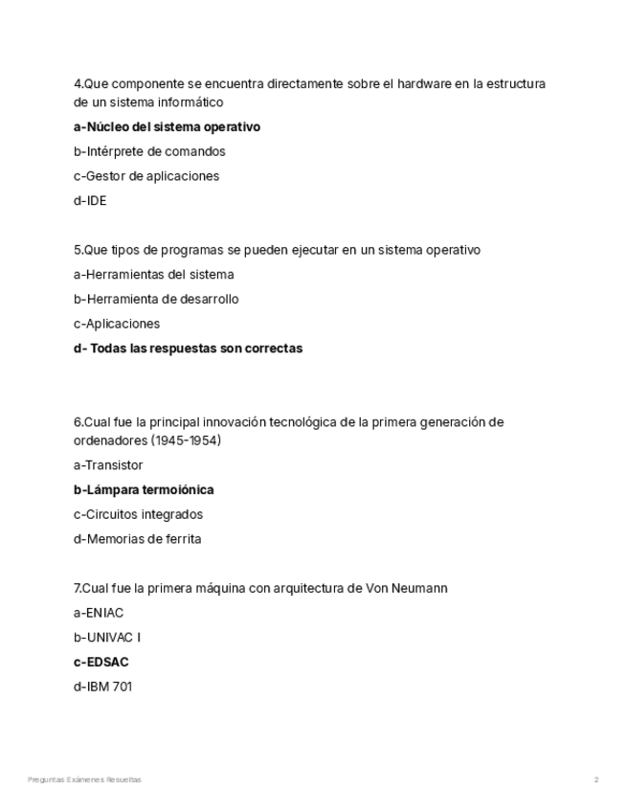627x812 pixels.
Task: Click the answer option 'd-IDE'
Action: (90, 201)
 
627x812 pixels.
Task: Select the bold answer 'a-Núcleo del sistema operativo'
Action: (167, 126)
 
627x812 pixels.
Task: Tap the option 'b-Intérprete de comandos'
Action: (149, 151)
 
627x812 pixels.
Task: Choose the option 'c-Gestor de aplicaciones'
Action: (146, 176)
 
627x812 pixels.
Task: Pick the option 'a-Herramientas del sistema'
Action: (153, 275)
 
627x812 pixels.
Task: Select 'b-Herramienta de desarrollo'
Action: (156, 300)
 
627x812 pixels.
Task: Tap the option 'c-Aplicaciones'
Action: (117, 324)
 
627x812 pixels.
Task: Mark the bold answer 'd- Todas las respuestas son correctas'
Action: (188, 349)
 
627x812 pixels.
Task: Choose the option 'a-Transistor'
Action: (108, 465)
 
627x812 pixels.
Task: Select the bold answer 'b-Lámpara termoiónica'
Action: (144, 490)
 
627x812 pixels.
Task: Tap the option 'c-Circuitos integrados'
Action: (138, 514)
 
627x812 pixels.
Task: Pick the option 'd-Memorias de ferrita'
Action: (137, 539)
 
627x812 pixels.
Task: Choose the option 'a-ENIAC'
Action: (99, 613)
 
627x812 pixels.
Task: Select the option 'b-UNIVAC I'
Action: (106, 638)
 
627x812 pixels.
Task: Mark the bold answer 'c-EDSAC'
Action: (101, 663)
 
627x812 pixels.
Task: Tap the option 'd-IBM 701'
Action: (102, 687)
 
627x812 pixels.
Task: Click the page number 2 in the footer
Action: (596, 780)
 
